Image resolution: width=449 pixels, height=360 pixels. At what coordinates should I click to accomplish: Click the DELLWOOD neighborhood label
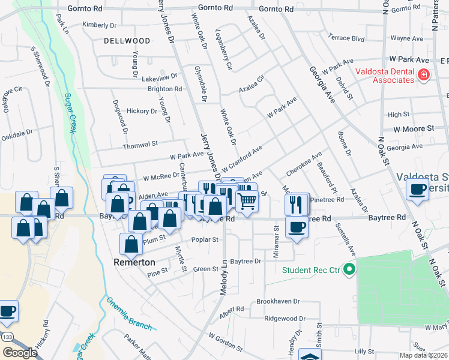coord(127,41)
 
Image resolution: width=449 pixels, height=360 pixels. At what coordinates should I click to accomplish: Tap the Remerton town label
coord(134,262)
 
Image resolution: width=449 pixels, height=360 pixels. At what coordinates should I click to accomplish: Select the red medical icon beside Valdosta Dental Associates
coord(424,74)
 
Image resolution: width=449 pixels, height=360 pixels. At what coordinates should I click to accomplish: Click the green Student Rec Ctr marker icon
coord(348,269)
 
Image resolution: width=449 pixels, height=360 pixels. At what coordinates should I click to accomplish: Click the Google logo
coord(19,353)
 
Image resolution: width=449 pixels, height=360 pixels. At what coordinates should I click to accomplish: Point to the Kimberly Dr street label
coord(100,25)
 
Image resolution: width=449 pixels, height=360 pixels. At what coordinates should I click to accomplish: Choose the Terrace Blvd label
coord(346,38)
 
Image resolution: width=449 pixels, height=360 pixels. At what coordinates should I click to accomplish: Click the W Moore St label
coord(414,128)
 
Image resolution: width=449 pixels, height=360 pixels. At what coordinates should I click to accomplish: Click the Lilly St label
coord(364,351)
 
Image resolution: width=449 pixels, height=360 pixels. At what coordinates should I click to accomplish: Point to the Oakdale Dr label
coord(17,135)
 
